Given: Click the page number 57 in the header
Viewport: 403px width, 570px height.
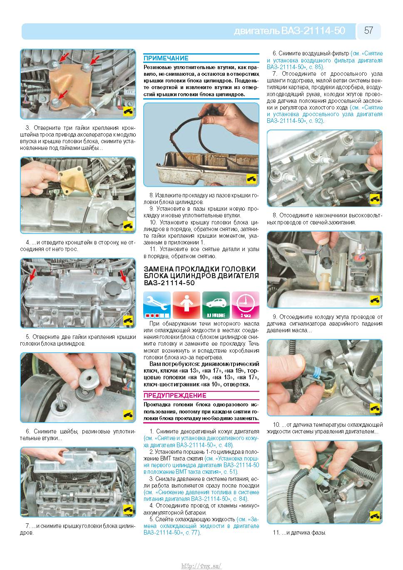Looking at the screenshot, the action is [x=369, y=30].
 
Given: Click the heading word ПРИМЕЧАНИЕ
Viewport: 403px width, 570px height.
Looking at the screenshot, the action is [x=166, y=58].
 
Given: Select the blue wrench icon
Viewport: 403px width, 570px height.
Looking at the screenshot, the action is [x=157, y=305].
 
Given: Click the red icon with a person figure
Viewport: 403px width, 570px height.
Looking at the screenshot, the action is [x=187, y=305].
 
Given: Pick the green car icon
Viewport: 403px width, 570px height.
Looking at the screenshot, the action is [x=216, y=305].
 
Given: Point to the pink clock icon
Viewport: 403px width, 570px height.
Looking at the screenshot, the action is [x=246, y=305].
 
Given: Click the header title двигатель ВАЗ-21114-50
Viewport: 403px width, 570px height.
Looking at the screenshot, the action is [x=289, y=31].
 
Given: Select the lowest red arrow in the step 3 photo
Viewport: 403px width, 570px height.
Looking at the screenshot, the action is [x=62, y=94].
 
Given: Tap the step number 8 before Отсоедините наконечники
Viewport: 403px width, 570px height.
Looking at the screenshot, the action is [x=275, y=216].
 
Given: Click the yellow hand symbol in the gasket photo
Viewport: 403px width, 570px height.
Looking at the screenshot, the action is [x=251, y=179].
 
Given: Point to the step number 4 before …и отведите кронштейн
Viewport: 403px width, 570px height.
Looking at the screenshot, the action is [x=28, y=242].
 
